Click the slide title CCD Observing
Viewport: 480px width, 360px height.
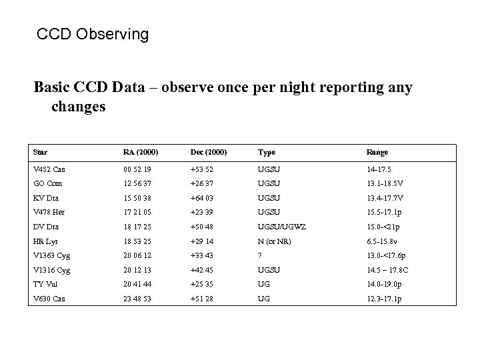click(x=93, y=34)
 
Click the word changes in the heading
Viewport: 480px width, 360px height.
click(x=78, y=107)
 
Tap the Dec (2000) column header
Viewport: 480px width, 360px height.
click(x=209, y=152)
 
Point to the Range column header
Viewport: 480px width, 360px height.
click(x=377, y=152)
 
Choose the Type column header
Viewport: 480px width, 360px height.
click(x=267, y=152)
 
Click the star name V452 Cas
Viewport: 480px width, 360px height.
click(x=49, y=169)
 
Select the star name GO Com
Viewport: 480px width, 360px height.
click(x=47, y=183)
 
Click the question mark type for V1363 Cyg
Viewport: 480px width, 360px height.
click(x=260, y=256)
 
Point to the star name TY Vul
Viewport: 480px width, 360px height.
click(x=46, y=284)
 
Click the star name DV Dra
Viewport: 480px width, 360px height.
click(x=46, y=227)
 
